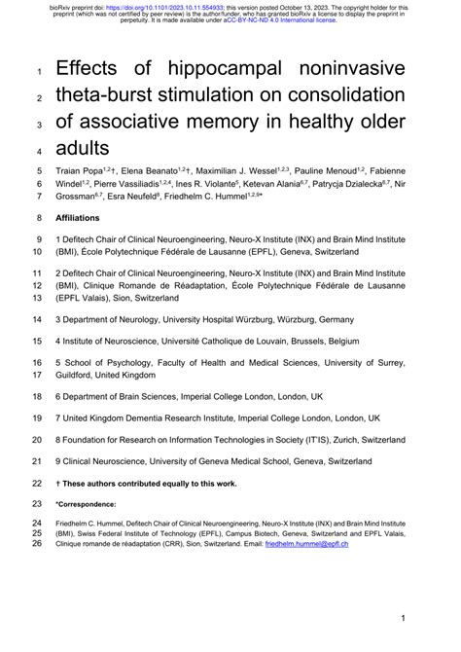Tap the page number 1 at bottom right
(x=402, y=619)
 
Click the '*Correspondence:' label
(x=86, y=504)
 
